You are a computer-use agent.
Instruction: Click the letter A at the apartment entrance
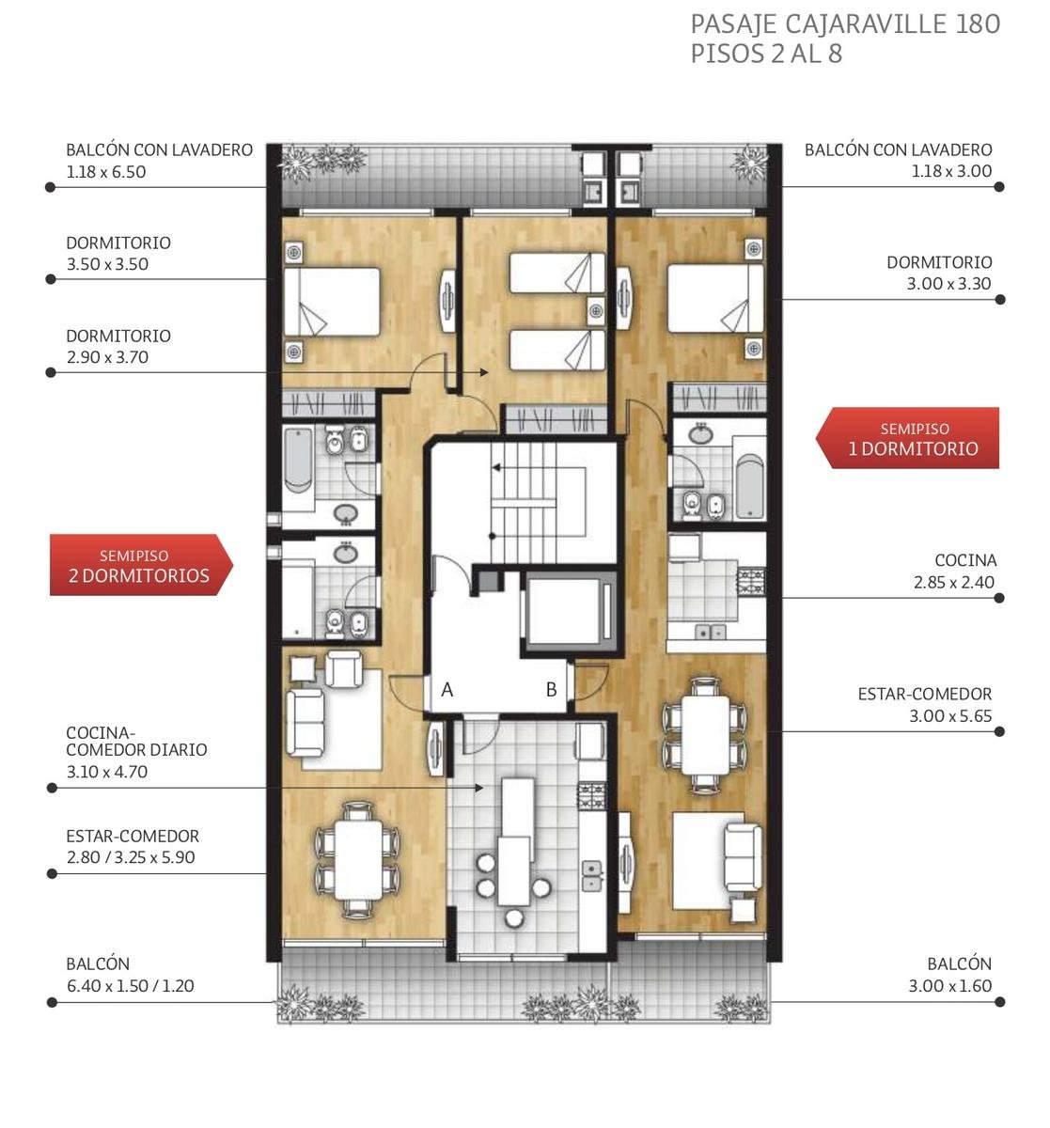click(x=447, y=690)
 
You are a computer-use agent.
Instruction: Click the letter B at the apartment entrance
click(x=551, y=690)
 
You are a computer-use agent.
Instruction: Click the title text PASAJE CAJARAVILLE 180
click(x=845, y=24)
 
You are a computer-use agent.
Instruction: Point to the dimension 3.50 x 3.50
click(x=107, y=264)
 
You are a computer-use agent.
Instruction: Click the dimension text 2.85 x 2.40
click(x=954, y=582)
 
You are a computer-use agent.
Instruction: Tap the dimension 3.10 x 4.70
click(x=107, y=772)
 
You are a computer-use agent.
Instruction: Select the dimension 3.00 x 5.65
click(x=950, y=715)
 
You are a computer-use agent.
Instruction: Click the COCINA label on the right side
click(x=965, y=560)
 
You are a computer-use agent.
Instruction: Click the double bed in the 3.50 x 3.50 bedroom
click(x=332, y=302)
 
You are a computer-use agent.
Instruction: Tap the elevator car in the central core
click(x=571, y=611)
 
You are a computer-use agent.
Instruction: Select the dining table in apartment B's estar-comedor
click(x=705, y=735)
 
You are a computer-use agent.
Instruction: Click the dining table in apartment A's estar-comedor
click(x=358, y=860)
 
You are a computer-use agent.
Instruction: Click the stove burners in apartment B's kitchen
click(x=752, y=582)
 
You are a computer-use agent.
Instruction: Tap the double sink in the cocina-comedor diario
click(x=592, y=875)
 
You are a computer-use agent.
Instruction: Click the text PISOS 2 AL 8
click(x=766, y=55)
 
